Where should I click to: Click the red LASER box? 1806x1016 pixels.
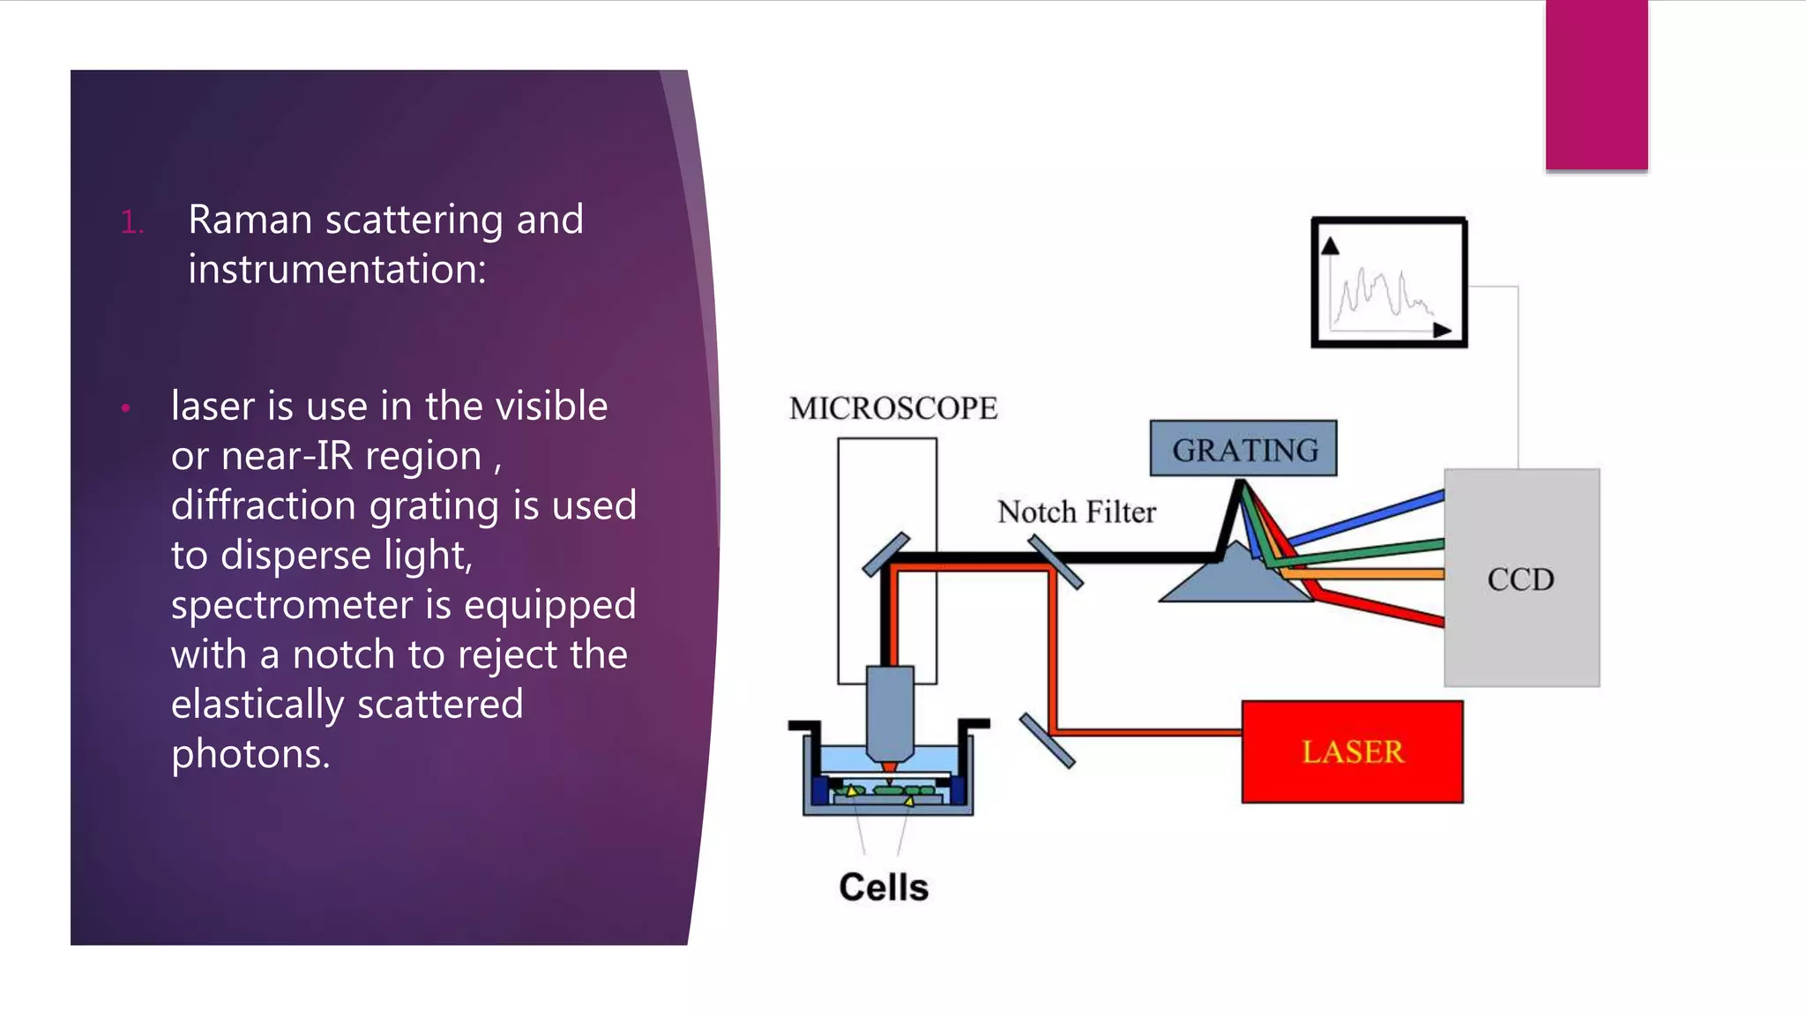[x=1351, y=751]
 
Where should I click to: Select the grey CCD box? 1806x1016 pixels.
[x=1520, y=617]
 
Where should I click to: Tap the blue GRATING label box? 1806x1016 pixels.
[x=1243, y=449]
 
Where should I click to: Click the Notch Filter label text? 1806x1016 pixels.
[x=1076, y=512]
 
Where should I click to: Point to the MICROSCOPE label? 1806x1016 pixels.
[x=892, y=408]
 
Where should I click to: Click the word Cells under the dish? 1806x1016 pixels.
[x=884, y=887]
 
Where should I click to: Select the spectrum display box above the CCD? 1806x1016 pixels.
[x=1389, y=282]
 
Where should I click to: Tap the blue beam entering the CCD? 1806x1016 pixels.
[x=1376, y=516]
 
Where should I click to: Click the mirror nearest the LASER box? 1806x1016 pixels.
[x=1047, y=741]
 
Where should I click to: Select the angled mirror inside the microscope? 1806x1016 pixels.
[x=885, y=555]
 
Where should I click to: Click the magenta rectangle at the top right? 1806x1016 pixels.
[x=1596, y=85]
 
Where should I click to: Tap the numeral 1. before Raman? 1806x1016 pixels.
[x=131, y=222]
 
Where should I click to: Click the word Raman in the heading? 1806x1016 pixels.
[x=250, y=220]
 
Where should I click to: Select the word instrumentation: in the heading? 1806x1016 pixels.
[x=337, y=269]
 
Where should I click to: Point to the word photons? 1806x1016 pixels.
[x=250, y=754]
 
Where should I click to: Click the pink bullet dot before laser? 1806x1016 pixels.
[x=126, y=407]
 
